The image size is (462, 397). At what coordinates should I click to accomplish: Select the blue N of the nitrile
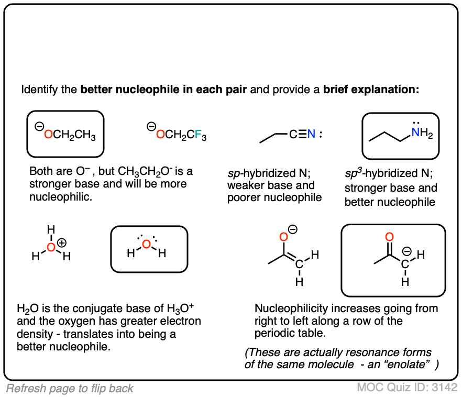tap(312, 135)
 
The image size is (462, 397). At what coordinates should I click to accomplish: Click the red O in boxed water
tap(147, 245)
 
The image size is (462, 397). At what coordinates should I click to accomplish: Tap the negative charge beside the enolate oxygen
tap(294, 229)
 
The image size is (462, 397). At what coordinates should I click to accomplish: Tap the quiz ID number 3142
tap(444, 388)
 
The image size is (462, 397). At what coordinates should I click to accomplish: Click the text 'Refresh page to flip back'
tap(70, 388)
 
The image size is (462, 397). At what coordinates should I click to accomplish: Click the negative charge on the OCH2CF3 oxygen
tap(151, 126)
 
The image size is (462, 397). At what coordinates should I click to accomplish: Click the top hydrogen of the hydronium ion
tap(50, 229)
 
